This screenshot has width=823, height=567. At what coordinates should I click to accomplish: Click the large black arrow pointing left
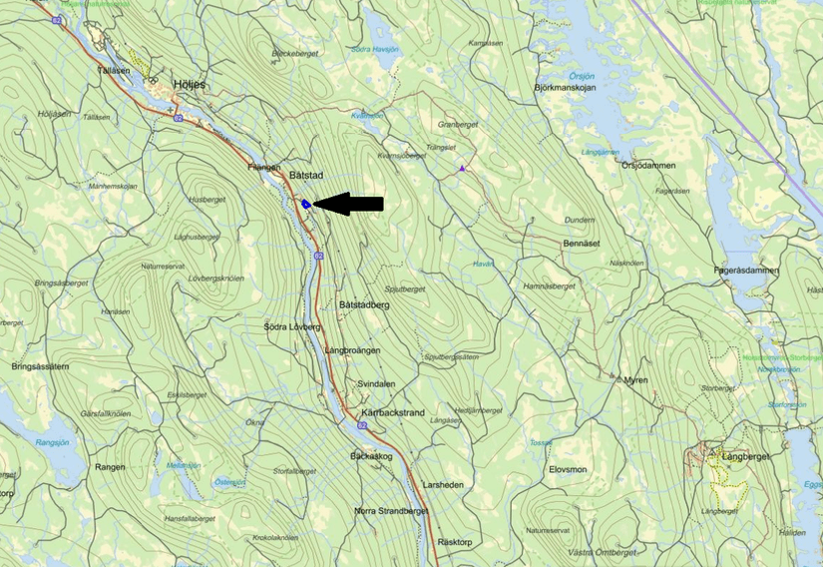349,204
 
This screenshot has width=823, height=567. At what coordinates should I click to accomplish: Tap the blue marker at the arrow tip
306,204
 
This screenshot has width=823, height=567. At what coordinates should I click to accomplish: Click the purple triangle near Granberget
462,169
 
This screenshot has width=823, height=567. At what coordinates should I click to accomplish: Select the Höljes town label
189,85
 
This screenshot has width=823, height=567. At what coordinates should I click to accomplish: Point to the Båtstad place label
306,176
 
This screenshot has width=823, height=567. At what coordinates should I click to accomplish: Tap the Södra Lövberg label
292,326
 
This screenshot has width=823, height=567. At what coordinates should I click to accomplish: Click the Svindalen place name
376,383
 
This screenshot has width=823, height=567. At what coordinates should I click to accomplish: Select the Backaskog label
371,456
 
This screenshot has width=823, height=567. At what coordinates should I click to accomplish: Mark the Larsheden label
443,484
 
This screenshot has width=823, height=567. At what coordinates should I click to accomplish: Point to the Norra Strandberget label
391,511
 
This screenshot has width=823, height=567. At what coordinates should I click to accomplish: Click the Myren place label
635,380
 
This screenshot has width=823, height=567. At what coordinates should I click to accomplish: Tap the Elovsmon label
568,468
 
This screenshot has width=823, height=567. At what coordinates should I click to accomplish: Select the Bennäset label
581,243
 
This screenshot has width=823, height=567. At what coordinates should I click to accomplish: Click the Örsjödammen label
648,166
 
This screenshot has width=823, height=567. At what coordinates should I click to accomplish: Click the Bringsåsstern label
40,366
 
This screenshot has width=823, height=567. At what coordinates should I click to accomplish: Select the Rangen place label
109,466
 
